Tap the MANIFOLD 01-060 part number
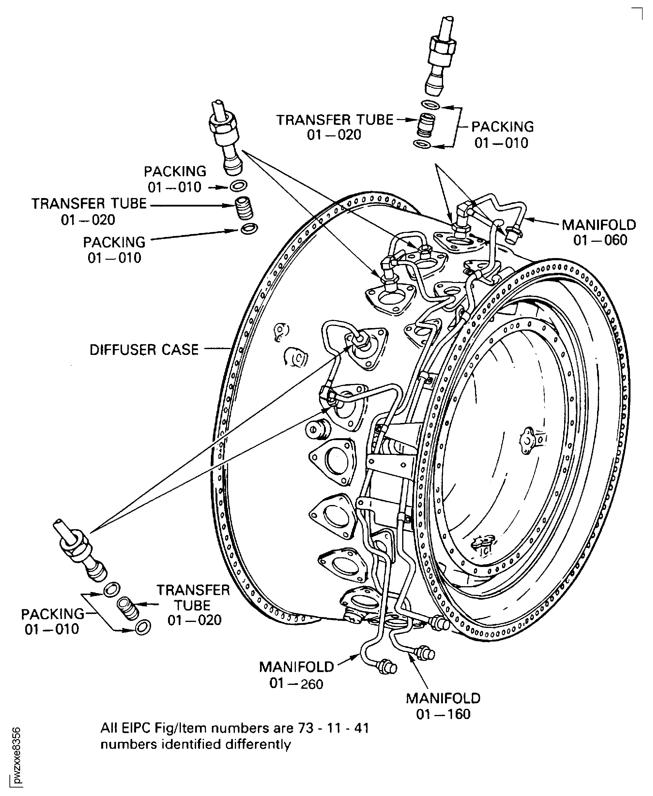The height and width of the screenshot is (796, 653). [600, 240]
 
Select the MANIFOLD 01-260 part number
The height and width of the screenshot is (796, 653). [296, 684]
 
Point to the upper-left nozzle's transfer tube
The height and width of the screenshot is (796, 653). [245, 208]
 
